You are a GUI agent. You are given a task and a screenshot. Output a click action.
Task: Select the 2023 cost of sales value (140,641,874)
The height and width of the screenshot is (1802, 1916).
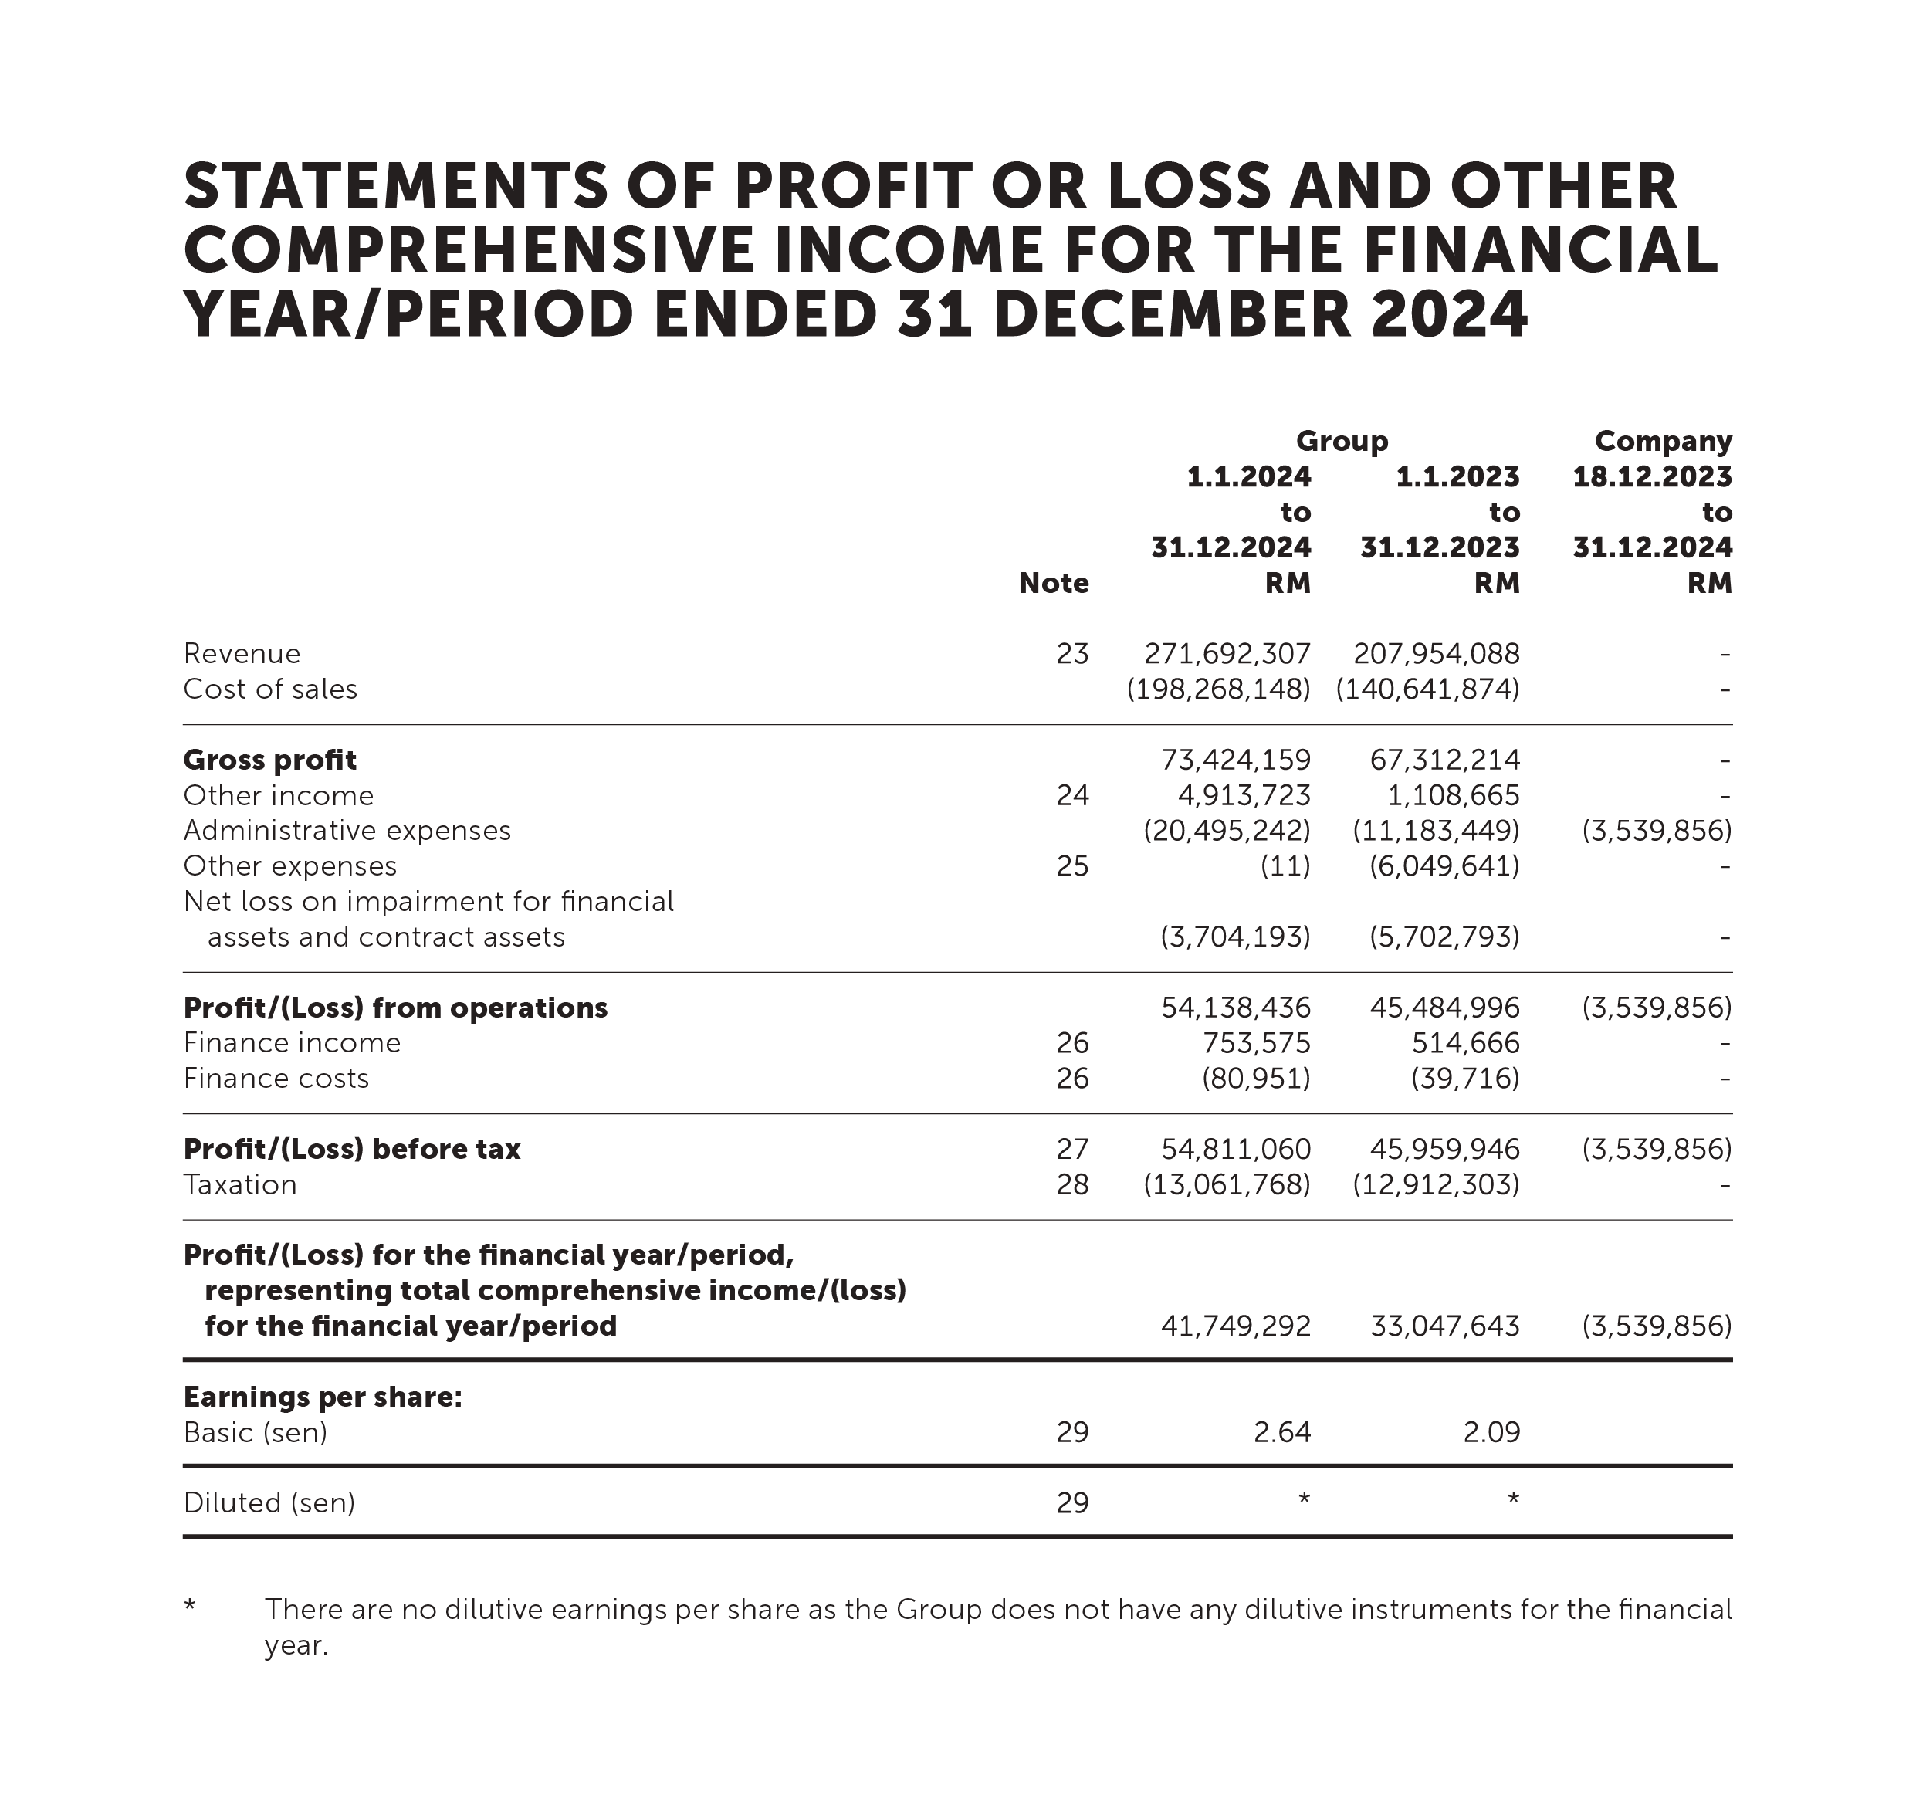(x=1427, y=689)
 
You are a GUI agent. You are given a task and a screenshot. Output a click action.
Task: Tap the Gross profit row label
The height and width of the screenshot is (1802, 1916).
(x=270, y=760)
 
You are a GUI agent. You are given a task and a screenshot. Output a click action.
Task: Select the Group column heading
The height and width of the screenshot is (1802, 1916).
(x=1342, y=441)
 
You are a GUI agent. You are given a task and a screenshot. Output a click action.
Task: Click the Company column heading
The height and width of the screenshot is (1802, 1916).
(x=1663, y=441)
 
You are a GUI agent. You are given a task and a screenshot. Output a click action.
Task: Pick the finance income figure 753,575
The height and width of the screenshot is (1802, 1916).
(x=1256, y=1042)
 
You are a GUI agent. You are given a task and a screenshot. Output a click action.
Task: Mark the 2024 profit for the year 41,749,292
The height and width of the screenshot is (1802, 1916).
(x=1236, y=1326)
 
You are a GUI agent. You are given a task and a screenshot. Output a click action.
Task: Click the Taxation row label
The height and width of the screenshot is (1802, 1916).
(x=240, y=1184)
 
